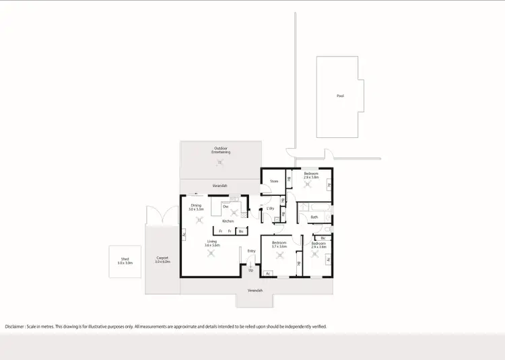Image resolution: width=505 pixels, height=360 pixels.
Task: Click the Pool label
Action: point(340,96)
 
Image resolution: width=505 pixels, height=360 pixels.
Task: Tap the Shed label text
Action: point(125,258)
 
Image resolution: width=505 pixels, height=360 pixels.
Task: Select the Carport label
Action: point(162,258)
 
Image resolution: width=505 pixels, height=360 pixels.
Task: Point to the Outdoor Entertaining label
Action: point(221,150)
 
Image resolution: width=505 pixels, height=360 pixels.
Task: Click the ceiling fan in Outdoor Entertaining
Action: point(220,162)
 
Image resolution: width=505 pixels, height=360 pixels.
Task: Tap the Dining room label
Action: point(196,205)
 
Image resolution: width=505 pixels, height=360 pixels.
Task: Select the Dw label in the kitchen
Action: point(226,206)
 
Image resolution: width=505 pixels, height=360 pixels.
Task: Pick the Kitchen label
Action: point(228,221)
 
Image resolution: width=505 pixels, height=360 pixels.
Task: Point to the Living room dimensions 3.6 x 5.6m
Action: point(213,246)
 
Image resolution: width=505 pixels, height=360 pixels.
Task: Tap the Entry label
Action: point(251,251)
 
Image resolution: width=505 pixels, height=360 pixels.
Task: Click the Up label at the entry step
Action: point(250,270)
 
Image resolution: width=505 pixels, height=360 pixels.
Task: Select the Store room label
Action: point(274,181)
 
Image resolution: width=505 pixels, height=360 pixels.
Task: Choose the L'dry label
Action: point(270,209)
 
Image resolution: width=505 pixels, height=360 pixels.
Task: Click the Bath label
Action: point(314,217)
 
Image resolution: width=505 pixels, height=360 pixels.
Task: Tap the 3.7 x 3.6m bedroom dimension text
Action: point(279,246)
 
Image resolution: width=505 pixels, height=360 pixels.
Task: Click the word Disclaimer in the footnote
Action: point(15,326)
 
